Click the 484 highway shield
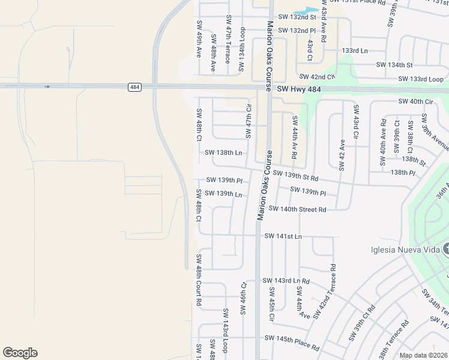134,88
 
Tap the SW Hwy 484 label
299,89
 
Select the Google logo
20,353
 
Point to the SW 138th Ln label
223,153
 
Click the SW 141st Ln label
282,236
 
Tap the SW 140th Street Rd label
297,209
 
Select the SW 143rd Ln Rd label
286,281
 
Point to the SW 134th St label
394,65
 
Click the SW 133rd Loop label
422,79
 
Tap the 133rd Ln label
354,51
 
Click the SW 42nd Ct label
316,77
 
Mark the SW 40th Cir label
415,101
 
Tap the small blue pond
308,11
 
